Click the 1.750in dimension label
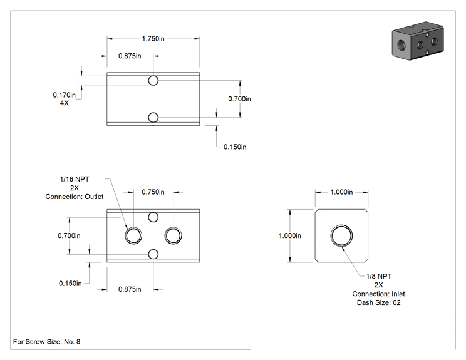click(x=153, y=39)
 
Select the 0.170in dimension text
click(x=64, y=95)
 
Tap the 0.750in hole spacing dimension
click(x=153, y=192)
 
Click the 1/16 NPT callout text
click(x=75, y=179)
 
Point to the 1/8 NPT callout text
click(x=378, y=276)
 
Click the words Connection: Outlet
click(x=75, y=197)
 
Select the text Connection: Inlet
click(x=378, y=294)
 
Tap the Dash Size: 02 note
click(x=378, y=302)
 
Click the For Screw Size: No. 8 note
click(x=46, y=342)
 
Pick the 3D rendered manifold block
click(x=418, y=41)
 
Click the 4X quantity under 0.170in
click(x=65, y=103)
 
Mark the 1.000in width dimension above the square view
click(x=341, y=192)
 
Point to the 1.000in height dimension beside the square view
click(x=290, y=235)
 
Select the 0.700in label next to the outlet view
click(x=69, y=235)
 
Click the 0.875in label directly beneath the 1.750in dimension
click(x=130, y=56)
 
